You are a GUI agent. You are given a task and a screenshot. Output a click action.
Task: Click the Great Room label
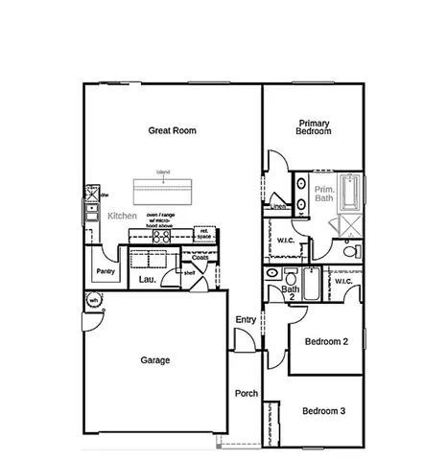point(172,129)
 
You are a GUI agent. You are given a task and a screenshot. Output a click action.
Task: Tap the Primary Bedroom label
point(315,127)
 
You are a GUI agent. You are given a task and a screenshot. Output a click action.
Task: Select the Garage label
point(155,361)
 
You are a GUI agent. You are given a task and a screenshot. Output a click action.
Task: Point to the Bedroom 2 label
point(325,341)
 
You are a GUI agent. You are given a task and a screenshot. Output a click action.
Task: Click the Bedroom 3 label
point(323,411)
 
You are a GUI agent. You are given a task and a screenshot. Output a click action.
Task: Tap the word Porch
point(247,393)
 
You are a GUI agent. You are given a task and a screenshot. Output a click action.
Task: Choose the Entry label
point(246,320)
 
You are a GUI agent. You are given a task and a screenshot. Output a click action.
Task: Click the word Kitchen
point(122,217)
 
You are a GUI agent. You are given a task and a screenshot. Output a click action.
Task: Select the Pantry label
point(106,271)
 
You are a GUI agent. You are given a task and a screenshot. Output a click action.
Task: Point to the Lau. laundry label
point(147,279)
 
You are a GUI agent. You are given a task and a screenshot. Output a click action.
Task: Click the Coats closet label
point(200,257)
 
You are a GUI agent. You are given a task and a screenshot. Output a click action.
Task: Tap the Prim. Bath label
point(325,197)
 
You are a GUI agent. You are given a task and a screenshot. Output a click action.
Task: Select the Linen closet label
point(278,206)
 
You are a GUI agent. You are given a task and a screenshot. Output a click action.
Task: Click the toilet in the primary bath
point(352,251)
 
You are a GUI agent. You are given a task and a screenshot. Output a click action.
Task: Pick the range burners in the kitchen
point(161,236)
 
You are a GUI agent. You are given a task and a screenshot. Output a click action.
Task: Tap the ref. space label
point(203,233)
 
